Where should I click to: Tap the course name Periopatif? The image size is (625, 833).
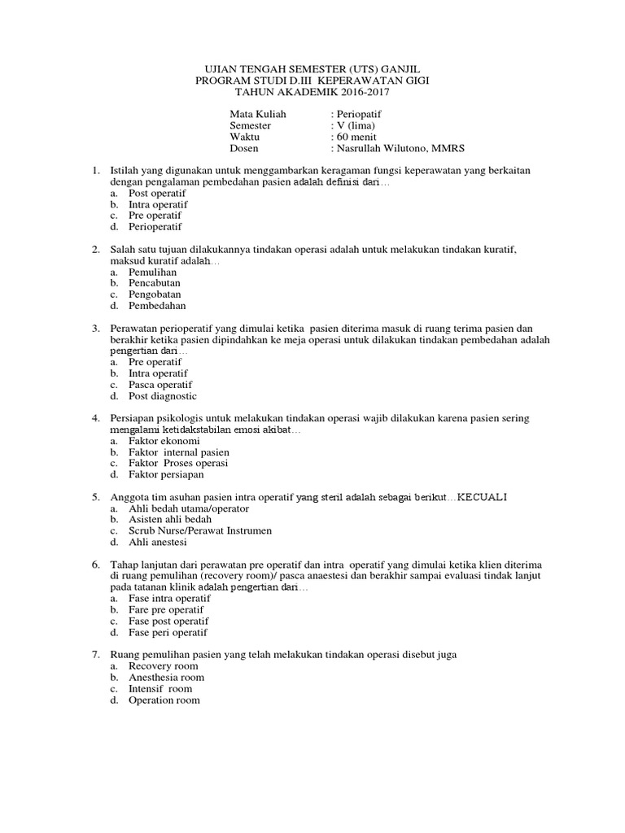(363, 115)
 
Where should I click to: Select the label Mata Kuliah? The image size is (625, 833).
(259, 115)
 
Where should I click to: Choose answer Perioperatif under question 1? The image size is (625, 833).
(155, 228)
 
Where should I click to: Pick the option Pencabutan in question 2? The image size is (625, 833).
(155, 283)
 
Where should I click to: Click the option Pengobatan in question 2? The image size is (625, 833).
(155, 294)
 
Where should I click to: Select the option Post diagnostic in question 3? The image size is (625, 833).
(163, 396)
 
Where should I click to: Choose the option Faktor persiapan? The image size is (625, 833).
(166, 474)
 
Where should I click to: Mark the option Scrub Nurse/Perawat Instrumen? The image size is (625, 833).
(200, 530)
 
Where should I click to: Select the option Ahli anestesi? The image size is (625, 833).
(158, 542)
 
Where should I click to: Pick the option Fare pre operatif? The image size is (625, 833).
(166, 609)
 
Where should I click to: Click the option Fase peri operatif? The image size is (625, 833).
(168, 632)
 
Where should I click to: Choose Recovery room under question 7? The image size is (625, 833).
(164, 666)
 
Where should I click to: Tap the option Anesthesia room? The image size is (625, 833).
(167, 678)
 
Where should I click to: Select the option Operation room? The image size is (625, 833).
(164, 700)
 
